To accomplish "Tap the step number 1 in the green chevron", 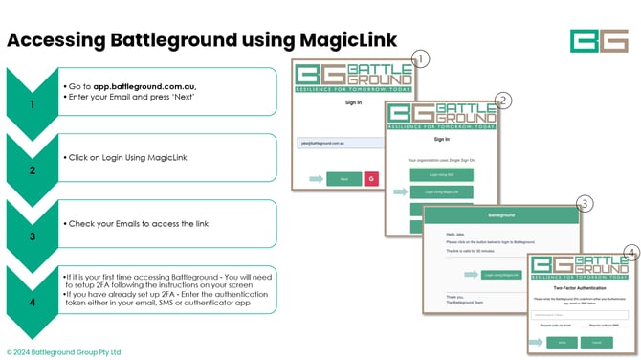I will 33,105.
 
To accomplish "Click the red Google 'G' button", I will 371,178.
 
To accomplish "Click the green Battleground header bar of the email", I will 502,216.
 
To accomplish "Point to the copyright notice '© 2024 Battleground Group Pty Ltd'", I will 63,352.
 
